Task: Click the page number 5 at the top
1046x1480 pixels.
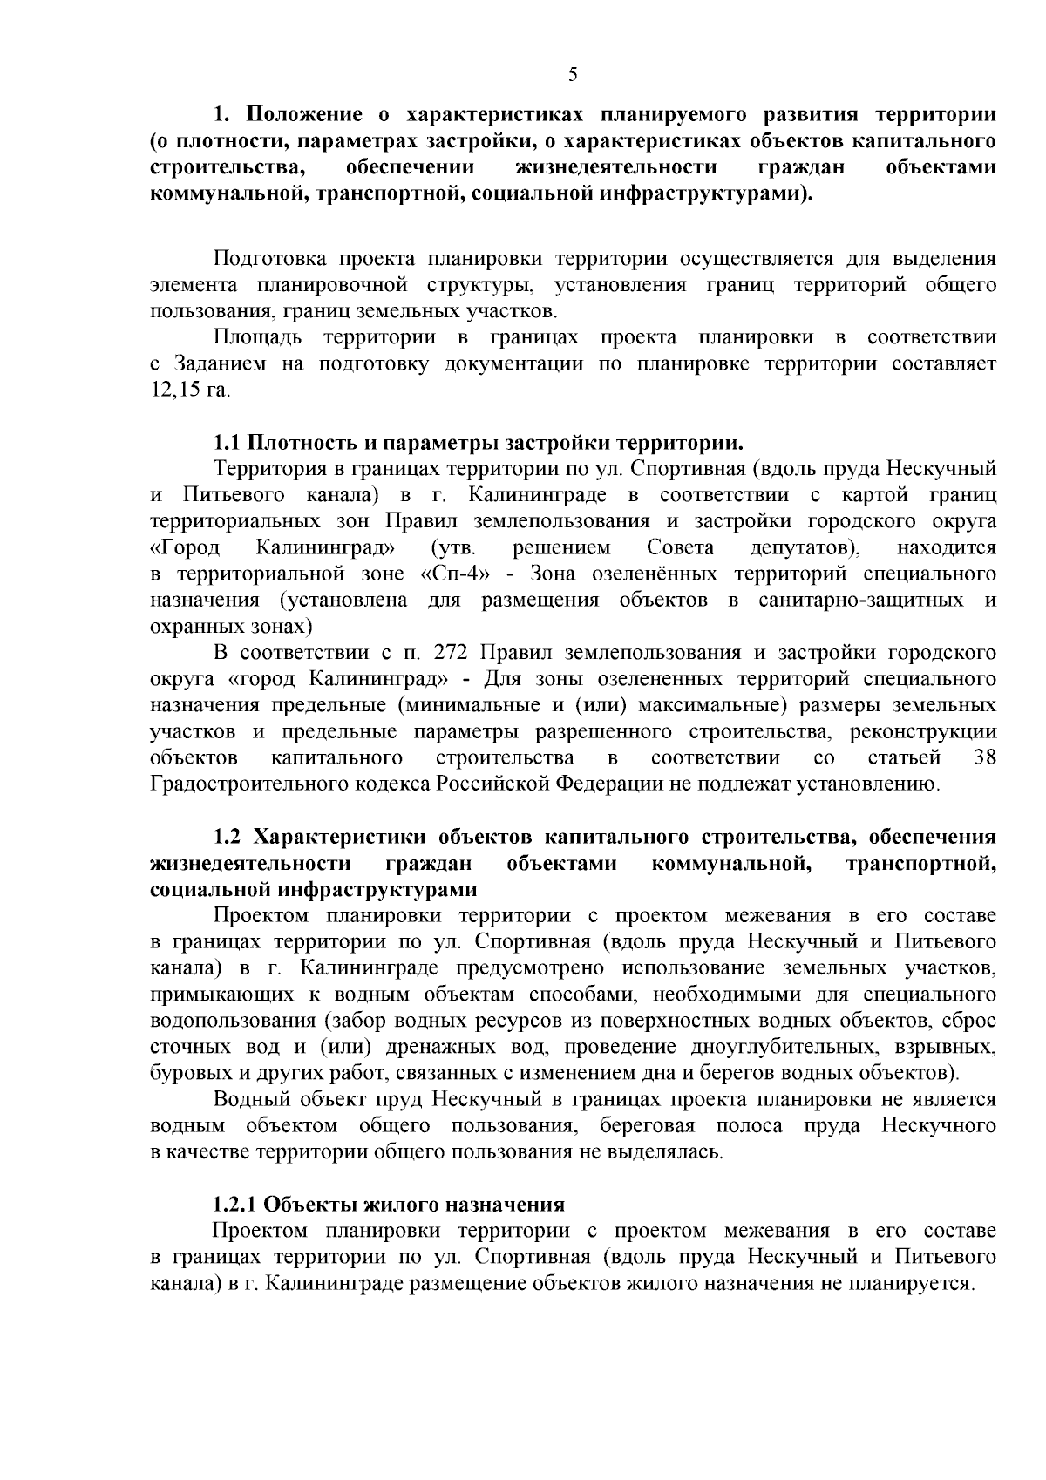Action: (x=573, y=75)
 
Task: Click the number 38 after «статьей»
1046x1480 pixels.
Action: (x=984, y=757)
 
